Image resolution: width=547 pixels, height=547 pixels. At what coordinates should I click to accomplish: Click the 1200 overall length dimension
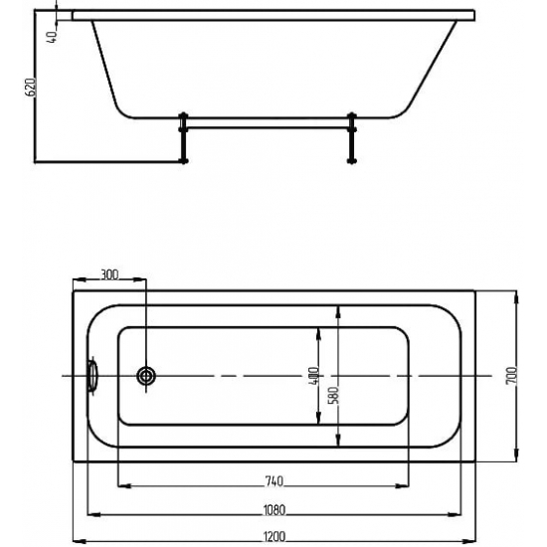274,535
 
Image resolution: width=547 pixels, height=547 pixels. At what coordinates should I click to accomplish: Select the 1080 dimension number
274,509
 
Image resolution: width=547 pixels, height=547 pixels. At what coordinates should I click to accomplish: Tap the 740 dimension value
274,481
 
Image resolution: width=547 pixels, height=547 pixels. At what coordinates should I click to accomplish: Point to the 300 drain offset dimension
109,274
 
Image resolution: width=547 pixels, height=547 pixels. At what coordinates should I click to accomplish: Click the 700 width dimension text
511,375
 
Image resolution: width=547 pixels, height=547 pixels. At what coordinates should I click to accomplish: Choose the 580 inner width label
333,395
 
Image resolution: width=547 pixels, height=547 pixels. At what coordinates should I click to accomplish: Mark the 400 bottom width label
313,376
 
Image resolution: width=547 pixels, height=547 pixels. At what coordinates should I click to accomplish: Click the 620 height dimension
31,88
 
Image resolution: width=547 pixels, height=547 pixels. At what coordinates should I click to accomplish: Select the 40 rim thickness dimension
52,37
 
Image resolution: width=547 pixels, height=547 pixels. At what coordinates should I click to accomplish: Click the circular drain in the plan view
146,376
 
